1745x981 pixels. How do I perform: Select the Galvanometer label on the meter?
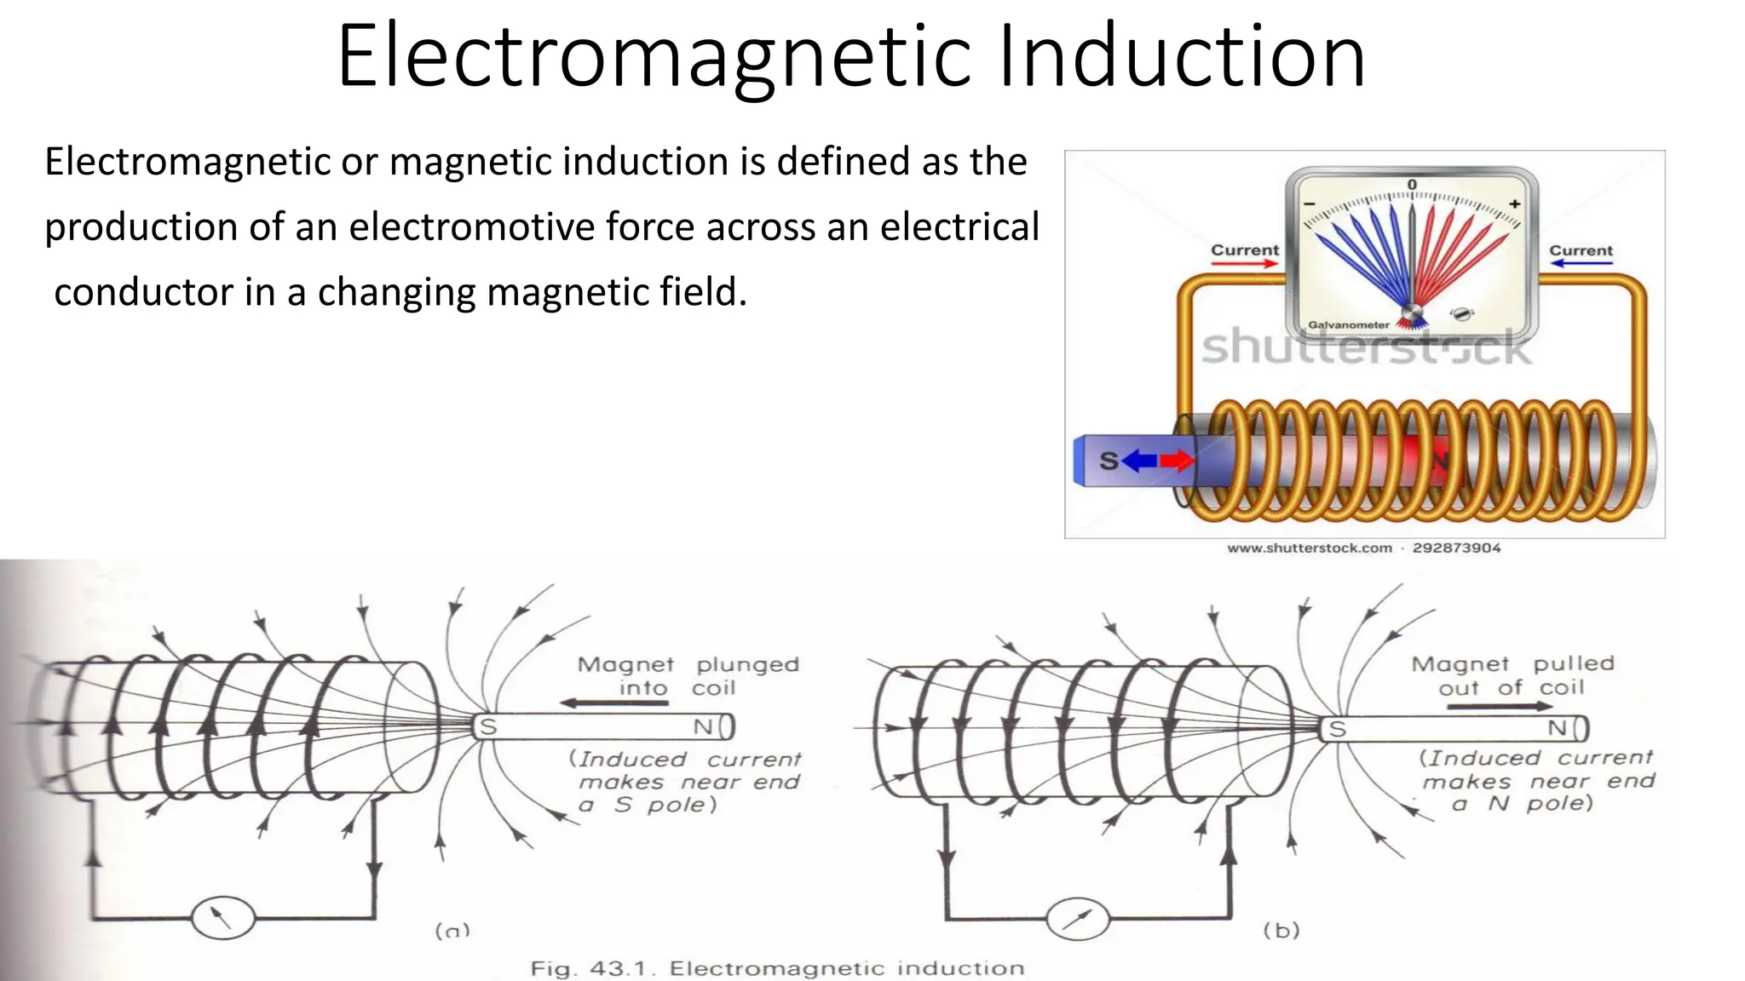1348,324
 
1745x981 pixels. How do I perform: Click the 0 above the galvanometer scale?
1412,185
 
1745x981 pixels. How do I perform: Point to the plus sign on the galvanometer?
1514,204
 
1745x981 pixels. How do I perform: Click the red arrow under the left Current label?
1245,264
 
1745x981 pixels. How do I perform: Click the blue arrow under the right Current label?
1581,264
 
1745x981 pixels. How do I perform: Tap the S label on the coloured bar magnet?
1108,461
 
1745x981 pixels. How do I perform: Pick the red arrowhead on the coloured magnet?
1179,461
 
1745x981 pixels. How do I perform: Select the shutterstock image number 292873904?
1456,548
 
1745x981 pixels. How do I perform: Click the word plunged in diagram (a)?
747,664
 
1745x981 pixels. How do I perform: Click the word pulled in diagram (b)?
1574,663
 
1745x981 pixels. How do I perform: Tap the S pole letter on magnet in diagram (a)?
488,727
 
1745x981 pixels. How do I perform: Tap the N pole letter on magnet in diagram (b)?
1557,728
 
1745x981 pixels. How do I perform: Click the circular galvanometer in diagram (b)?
1078,919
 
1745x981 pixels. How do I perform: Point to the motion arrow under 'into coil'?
613,703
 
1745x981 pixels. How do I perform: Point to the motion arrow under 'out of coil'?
1517,706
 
